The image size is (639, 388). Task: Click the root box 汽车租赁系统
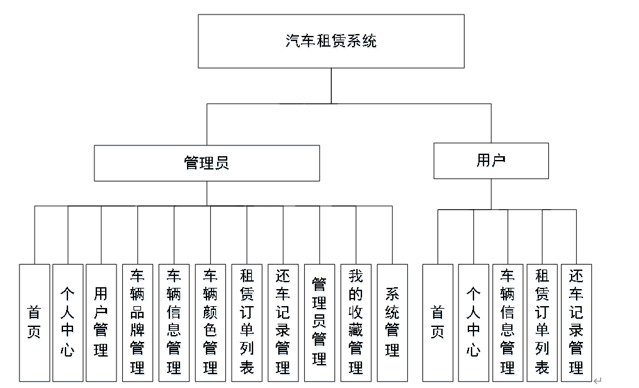tap(331, 42)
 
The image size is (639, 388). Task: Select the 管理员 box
tap(206, 163)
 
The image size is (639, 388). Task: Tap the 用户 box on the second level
tap(491, 161)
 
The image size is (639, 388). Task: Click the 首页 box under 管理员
tap(34, 322)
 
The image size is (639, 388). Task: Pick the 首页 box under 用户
tap(438, 322)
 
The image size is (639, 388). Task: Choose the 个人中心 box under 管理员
tap(67, 322)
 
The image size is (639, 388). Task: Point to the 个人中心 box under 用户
tap(473, 322)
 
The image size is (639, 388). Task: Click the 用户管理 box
tap(101, 322)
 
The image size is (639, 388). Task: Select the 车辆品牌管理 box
tap(137, 322)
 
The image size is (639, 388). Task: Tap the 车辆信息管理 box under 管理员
tap(174, 322)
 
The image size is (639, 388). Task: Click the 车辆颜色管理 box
tap(210, 322)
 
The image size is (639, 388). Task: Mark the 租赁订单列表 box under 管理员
tap(247, 322)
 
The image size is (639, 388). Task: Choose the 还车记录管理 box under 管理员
tap(283, 322)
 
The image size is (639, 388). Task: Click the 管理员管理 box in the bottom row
tap(319, 322)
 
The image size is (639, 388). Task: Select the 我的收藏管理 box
tap(356, 322)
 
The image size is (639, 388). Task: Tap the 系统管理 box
tap(392, 322)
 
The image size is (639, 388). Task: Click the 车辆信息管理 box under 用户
tap(507, 322)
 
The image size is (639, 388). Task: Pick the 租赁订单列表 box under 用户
tap(542, 322)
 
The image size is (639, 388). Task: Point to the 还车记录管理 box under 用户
tap(576, 322)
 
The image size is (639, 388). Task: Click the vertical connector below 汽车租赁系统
tap(331, 86)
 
